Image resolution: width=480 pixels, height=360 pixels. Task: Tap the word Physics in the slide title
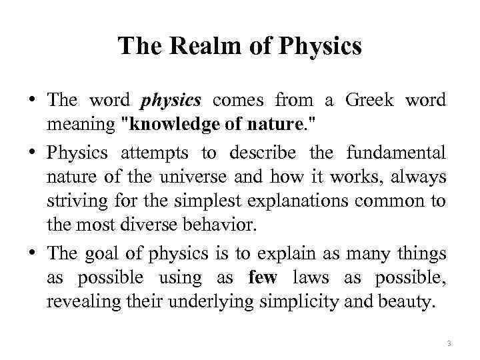point(321,47)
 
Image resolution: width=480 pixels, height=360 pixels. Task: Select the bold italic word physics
point(171,101)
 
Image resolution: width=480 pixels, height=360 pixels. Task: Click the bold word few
point(262,278)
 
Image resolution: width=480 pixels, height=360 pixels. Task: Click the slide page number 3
point(449,343)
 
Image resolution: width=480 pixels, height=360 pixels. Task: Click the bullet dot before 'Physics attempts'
point(32,153)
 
